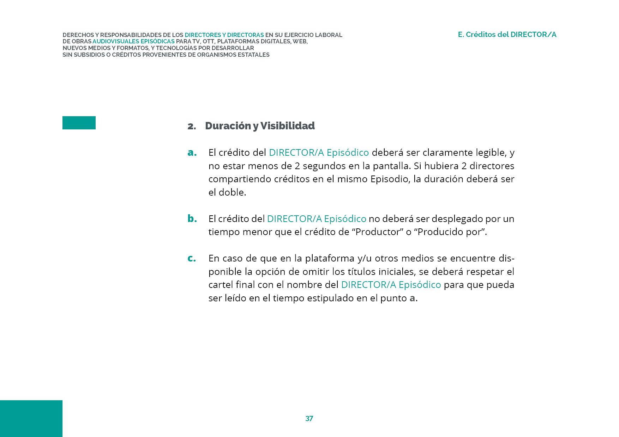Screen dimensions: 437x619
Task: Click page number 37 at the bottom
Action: [x=309, y=418]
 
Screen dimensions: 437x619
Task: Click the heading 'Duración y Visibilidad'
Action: [x=260, y=126]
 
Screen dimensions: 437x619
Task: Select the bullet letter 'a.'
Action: [x=192, y=153]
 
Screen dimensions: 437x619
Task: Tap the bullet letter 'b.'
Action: [x=192, y=218]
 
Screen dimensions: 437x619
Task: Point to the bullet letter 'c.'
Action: [x=192, y=258]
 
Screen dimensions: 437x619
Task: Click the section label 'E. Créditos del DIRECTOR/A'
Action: [x=507, y=35]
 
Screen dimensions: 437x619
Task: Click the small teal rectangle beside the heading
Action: [x=79, y=123]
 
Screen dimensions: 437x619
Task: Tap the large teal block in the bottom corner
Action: [x=31, y=418]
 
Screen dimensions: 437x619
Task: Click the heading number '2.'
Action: [x=192, y=126]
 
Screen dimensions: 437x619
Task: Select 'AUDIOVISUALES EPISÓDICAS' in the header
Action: [x=133, y=42]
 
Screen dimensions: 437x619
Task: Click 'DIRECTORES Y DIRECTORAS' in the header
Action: [x=224, y=35]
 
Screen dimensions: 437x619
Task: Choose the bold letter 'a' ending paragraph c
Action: [x=412, y=298]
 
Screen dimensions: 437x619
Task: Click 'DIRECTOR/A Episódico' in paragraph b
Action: [x=317, y=219]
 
